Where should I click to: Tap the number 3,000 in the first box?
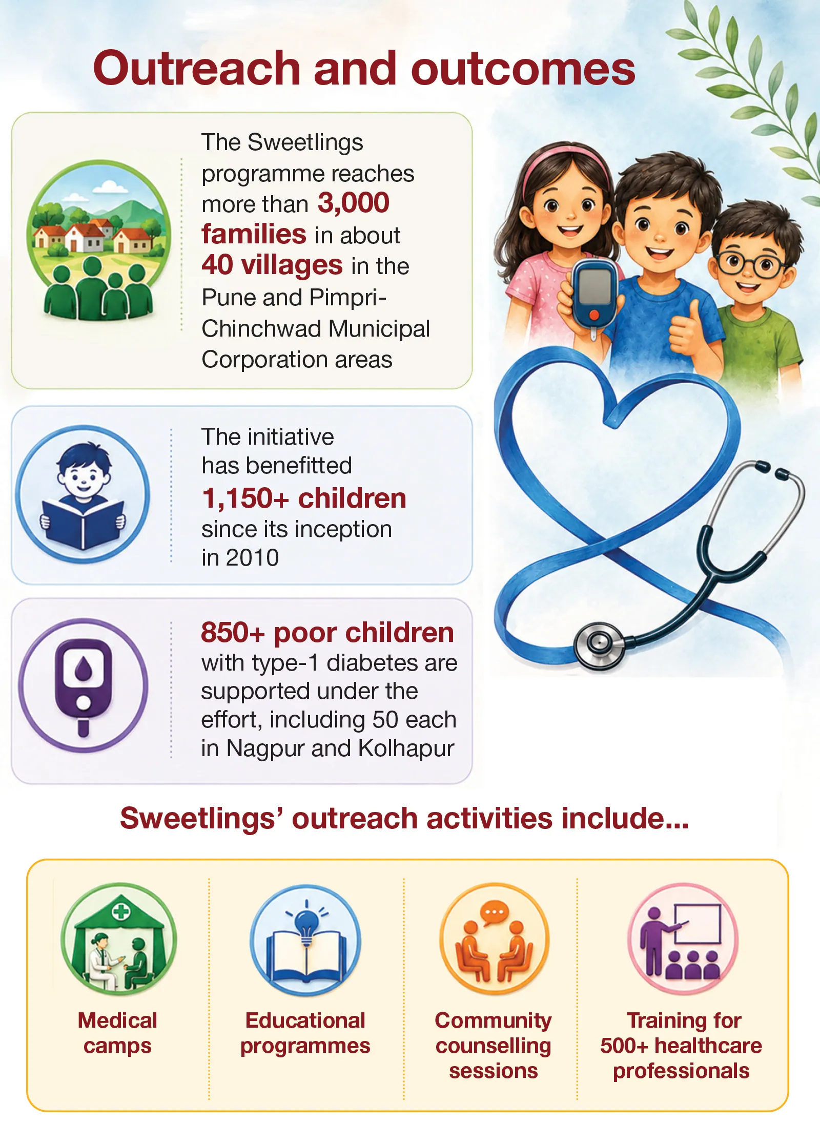click(354, 203)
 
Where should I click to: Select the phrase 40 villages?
click(272, 265)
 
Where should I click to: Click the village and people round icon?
click(98, 240)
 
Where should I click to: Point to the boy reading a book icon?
click(83, 494)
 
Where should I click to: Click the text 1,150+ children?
click(304, 498)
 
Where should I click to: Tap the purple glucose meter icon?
click(83, 685)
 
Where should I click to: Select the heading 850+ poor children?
click(327, 633)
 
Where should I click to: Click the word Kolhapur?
click(406, 748)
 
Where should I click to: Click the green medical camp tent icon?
click(119, 940)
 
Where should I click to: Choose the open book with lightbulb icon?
click(305, 941)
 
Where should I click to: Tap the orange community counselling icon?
click(494, 940)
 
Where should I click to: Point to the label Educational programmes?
click(305, 1033)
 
